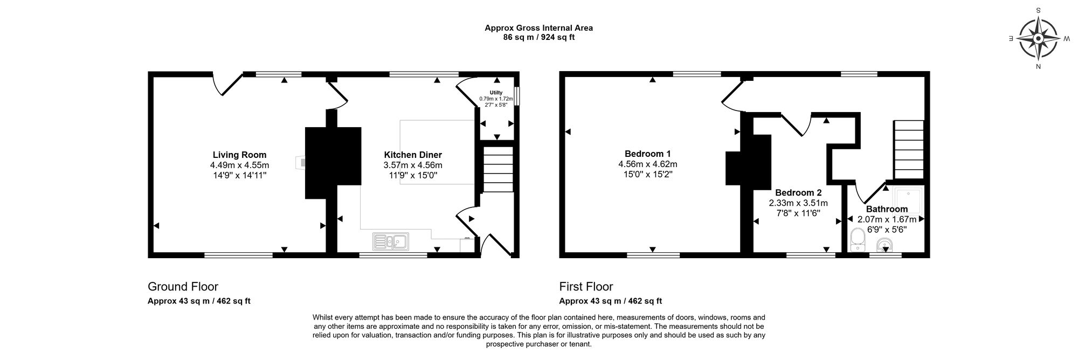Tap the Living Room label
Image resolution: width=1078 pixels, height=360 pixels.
[239, 155]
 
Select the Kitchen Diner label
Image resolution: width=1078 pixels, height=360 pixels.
[413, 155]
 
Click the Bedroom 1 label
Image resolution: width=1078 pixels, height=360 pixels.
[648, 154]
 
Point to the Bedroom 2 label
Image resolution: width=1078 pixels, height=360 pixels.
[798, 192]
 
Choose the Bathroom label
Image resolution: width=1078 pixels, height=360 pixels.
[887, 209]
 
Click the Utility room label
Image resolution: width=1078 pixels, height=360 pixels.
[496, 93]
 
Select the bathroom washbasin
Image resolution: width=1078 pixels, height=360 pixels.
[884, 247]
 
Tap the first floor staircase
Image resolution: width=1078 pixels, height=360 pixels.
[909, 150]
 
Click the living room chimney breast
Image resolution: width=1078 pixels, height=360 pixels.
[333, 162]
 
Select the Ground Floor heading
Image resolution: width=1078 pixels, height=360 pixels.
[183, 287]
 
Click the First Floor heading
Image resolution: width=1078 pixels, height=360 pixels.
[586, 287]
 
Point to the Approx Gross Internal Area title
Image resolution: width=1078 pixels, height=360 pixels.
[538, 28]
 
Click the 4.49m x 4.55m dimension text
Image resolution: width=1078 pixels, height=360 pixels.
[239, 165]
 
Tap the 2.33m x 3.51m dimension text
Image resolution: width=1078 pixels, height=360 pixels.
[798, 203]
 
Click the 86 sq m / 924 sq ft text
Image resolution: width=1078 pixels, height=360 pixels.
[538, 38]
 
